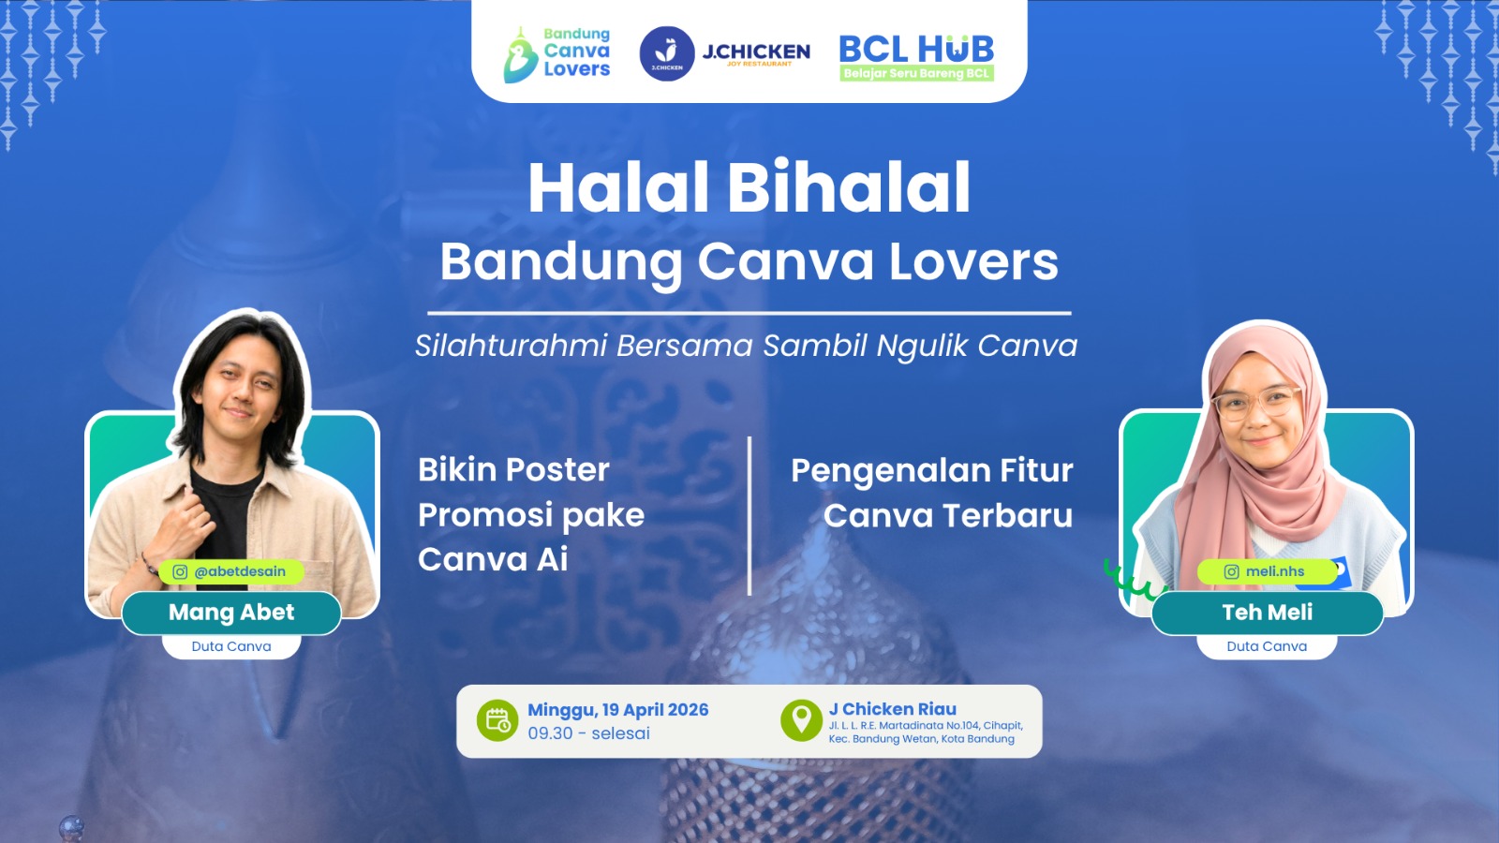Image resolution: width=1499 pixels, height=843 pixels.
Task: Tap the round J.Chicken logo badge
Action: pos(666,53)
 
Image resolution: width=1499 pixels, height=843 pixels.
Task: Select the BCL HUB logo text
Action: pos(916,49)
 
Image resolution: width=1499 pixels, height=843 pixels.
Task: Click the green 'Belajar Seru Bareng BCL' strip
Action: pos(917,73)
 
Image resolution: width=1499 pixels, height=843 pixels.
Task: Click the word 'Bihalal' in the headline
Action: pos(849,187)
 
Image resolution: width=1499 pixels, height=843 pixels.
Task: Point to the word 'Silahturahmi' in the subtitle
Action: pos(511,346)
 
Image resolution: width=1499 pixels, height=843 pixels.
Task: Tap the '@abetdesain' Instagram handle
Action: pos(240,571)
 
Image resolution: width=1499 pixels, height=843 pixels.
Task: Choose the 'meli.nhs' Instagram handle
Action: pos(1275,571)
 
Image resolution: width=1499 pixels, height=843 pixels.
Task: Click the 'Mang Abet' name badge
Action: pos(231,613)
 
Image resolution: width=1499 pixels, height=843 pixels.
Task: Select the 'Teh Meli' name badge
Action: pos(1268,613)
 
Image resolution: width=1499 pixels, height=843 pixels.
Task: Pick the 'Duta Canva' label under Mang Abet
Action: pos(231,646)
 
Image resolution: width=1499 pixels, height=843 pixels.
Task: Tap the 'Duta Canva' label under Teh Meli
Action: pos(1267,646)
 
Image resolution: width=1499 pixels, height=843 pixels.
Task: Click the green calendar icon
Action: pos(497,720)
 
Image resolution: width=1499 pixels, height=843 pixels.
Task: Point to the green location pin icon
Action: pos(801,720)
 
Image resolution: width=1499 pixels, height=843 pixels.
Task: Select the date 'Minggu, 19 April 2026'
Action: pos(617,710)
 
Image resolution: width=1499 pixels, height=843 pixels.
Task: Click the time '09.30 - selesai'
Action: pos(589,733)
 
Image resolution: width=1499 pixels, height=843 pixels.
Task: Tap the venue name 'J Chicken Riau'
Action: pos(893,708)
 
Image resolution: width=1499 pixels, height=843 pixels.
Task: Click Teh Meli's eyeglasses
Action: pos(1257,404)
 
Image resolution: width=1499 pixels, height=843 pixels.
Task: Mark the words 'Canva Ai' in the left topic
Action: pos(493,559)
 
